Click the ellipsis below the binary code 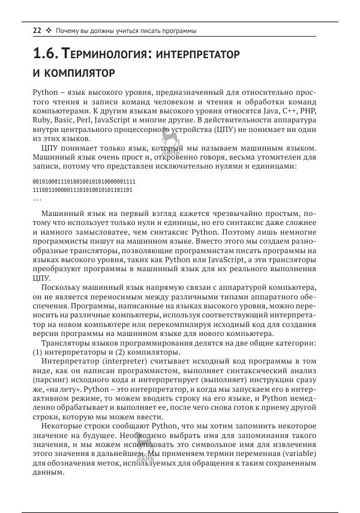click(37, 199)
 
